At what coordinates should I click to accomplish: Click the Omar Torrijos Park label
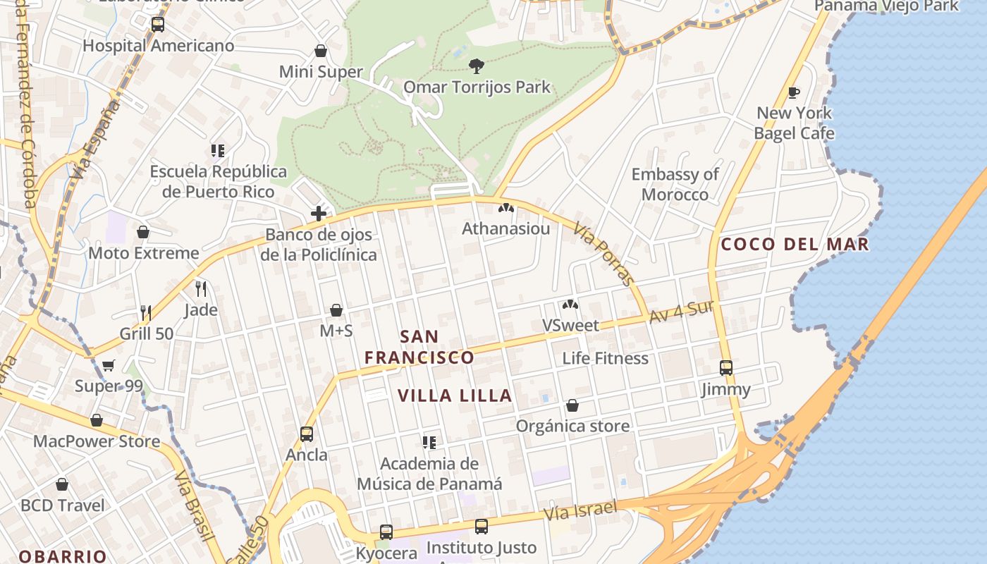[477, 87]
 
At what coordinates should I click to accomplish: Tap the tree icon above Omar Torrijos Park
[477, 66]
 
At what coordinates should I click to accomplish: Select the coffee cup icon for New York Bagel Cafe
[794, 92]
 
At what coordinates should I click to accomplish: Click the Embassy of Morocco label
[675, 184]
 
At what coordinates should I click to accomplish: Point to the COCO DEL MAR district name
[795, 245]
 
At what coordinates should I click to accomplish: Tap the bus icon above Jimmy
[726, 367]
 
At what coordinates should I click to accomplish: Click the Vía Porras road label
[604, 254]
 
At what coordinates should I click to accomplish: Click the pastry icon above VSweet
[570, 305]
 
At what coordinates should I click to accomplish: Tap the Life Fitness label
[605, 358]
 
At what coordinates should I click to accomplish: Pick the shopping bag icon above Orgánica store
[572, 405]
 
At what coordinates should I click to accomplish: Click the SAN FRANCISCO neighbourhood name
[419, 347]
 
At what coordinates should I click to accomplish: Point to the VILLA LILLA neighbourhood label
[455, 396]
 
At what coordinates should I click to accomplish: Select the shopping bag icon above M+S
[336, 310]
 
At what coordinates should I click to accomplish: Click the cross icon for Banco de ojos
[319, 213]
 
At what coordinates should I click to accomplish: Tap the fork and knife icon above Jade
[201, 288]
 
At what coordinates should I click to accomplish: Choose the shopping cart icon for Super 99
[108, 365]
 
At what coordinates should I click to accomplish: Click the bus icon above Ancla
[306, 434]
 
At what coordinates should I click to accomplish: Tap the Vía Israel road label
[580, 510]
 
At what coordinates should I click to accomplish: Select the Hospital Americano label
[158, 46]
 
